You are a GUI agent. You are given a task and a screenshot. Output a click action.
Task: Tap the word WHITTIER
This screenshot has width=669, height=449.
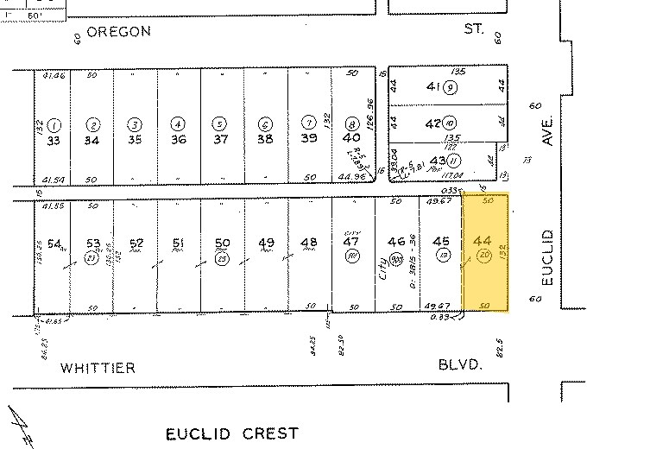pos(98,369)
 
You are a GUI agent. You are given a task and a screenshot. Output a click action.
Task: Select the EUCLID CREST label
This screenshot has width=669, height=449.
pos(232,433)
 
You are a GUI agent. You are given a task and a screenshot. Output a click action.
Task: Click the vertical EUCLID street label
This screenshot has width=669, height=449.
pos(546,257)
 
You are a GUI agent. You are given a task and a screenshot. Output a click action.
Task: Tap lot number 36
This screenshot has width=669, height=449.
pos(178,139)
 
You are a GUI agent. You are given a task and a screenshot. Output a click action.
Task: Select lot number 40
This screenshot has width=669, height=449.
pos(351,138)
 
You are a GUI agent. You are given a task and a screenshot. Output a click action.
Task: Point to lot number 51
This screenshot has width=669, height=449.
pos(179,243)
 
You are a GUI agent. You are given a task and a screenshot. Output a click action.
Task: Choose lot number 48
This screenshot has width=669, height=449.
pos(308,243)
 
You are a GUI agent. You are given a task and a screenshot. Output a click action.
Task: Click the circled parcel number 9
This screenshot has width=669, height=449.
pos(451,87)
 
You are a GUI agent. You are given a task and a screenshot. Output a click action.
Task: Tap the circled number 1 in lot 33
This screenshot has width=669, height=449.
pos(54,123)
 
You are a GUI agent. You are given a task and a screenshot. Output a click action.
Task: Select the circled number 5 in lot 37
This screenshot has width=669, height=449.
pos(220,123)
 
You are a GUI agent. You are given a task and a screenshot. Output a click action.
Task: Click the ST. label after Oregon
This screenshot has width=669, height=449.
pos(474,29)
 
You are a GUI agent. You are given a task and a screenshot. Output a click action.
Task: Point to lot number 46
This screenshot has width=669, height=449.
pos(396,242)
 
